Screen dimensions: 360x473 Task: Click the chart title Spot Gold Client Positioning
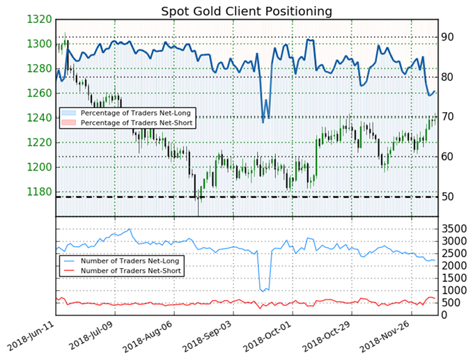coord(247,12)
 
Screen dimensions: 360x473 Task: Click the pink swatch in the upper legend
coord(68,123)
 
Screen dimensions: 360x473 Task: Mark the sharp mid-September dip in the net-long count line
coord(263,290)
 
